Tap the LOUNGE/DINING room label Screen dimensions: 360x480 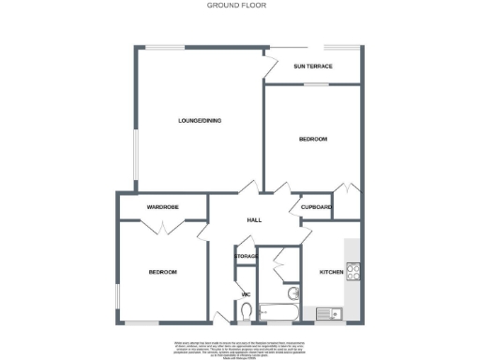(x=200, y=121)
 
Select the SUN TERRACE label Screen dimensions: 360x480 (x=312, y=67)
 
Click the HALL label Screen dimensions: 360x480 (x=253, y=220)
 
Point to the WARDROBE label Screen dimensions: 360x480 (x=162, y=206)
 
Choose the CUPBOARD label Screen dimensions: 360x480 (x=316, y=206)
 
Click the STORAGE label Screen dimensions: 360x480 (x=246, y=256)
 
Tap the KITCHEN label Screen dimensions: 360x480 (x=332, y=271)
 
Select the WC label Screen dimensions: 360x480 (x=246, y=295)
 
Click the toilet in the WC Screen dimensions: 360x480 (x=246, y=315)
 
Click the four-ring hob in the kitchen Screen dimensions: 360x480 (x=354, y=273)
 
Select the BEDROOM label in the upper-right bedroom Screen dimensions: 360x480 (x=312, y=140)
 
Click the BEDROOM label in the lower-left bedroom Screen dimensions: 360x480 (x=162, y=272)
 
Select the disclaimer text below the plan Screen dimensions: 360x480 (x=240, y=345)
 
